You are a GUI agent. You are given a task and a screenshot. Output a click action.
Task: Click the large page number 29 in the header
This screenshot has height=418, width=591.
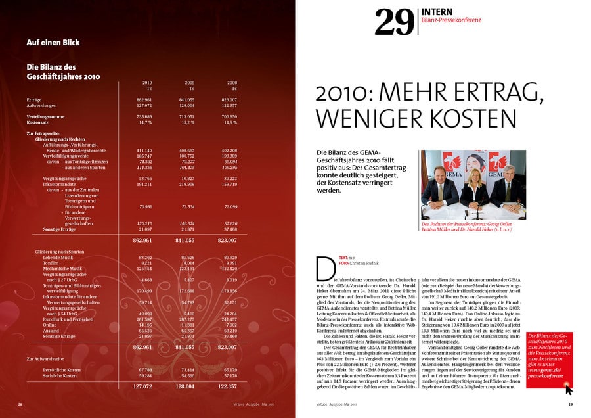(x=394, y=22)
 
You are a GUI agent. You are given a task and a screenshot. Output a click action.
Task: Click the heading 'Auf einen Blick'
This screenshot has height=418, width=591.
(x=53, y=43)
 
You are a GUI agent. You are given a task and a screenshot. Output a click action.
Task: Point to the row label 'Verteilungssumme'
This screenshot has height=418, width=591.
(x=45, y=116)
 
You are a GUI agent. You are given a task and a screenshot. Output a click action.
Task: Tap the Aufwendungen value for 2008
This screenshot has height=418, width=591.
(x=228, y=105)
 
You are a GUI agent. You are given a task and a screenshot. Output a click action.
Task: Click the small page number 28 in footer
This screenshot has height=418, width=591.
(x=20, y=404)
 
